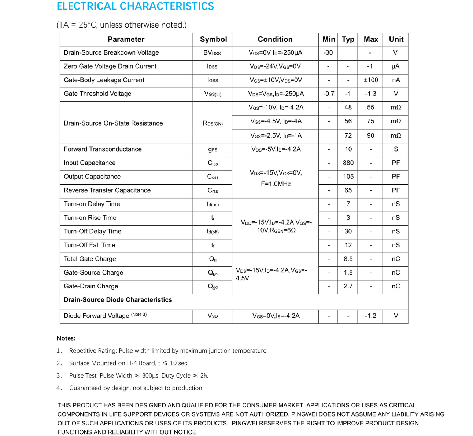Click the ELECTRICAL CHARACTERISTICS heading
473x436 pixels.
click(135, 6)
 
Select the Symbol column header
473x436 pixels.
click(213, 39)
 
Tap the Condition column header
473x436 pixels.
click(275, 39)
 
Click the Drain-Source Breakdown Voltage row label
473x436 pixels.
click(111, 52)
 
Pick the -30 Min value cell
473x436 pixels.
click(328, 52)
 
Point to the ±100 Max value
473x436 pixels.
click(370, 80)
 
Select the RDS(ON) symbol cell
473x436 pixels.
click(213, 123)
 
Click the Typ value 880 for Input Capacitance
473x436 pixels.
click(348, 163)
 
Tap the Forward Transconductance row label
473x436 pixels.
click(103, 149)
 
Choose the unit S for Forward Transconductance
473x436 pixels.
click(396, 149)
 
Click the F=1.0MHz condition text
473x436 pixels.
click(276, 184)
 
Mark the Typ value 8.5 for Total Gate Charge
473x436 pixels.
click(348, 259)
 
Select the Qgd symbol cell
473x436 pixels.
click(213, 286)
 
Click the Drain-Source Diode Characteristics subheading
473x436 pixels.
click(118, 300)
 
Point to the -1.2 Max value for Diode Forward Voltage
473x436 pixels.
click(370, 316)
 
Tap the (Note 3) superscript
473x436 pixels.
click(139, 315)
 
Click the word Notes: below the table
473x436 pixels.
click(66, 338)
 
